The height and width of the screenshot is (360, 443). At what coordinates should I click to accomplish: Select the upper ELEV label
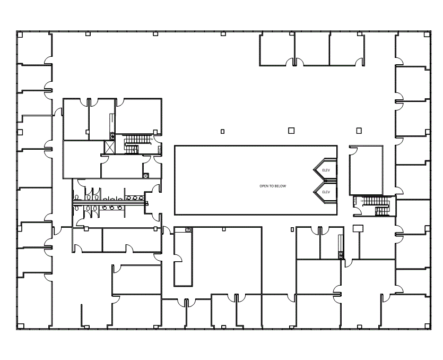tap(326, 170)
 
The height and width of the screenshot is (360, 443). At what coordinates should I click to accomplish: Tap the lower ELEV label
tap(326, 192)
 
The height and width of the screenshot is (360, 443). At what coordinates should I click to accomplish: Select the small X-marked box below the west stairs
tap(145, 175)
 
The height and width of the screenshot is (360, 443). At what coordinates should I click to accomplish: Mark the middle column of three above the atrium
tap(290, 130)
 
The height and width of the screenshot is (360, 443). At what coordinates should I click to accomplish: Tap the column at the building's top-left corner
tap(20, 35)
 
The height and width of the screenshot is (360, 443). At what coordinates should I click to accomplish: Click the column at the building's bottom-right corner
tap(427, 325)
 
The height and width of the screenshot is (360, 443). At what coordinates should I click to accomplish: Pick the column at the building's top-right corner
tap(427, 34)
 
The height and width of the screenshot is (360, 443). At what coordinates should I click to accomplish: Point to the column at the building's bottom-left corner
tap(20, 325)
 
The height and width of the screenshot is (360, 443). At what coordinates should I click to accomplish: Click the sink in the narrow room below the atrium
tap(188, 230)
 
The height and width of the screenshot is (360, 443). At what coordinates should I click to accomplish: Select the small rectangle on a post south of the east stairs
tap(358, 228)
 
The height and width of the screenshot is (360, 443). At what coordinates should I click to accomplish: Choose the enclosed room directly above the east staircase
tap(366, 170)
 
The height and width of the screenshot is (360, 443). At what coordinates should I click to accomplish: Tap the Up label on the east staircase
tap(362, 201)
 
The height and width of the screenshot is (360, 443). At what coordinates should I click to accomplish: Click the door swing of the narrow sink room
tap(178, 259)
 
